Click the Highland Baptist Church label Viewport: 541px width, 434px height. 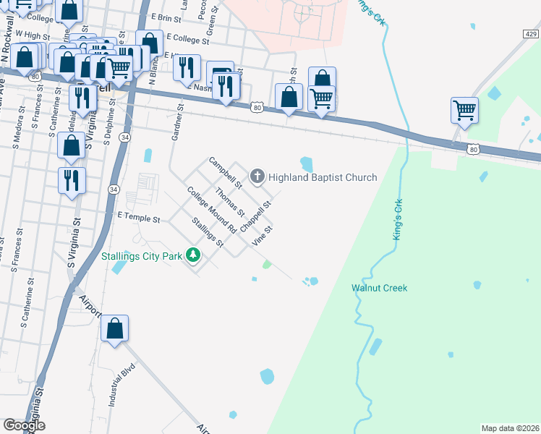[323, 177]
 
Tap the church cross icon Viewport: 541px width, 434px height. [257, 176]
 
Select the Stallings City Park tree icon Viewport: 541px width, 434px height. [193, 255]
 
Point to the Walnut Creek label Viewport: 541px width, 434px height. [379, 288]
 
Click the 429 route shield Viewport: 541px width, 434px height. [530, 34]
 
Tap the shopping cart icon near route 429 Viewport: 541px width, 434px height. [464, 111]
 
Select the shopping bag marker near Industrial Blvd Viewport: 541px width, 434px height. [115, 329]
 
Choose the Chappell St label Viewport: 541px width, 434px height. [255, 216]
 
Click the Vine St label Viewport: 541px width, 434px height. [262, 236]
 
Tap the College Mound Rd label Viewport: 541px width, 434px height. [212, 210]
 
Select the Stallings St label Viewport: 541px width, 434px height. [207, 232]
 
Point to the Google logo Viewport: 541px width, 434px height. [24, 425]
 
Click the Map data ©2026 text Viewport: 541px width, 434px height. [510, 428]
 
